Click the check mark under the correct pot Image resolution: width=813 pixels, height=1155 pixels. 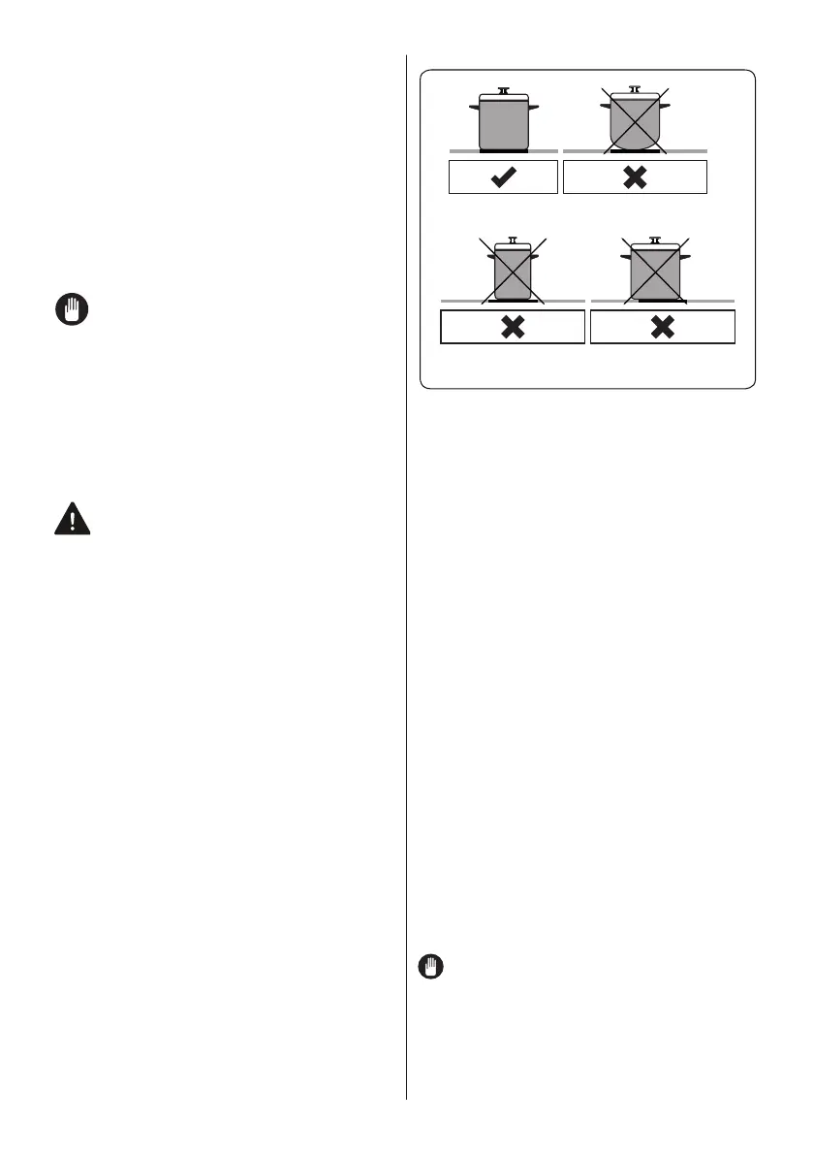click(x=503, y=177)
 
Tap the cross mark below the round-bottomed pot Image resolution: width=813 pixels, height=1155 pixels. click(x=635, y=177)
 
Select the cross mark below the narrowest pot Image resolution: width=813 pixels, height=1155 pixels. click(x=513, y=328)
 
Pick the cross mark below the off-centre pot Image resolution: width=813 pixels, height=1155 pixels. click(x=662, y=328)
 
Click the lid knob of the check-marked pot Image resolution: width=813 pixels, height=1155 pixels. click(x=503, y=89)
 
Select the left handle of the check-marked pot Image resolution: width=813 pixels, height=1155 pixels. click(x=472, y=106)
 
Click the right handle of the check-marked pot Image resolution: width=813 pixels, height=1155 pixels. click(x=533, y=106)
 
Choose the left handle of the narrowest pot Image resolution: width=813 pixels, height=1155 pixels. click(x=492, y=256)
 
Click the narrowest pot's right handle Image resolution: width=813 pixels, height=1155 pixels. click(x=533, y=256)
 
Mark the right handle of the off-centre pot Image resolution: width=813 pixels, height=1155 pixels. click(x=686, y=256)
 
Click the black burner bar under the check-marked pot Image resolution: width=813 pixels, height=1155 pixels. click(x=503, y=152)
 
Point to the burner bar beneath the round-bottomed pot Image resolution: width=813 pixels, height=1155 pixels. click(x=635, y=152)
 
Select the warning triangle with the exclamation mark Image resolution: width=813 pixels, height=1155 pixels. click(x=72, y=520)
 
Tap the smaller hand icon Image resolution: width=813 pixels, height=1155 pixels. click(x=431, y=967)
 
